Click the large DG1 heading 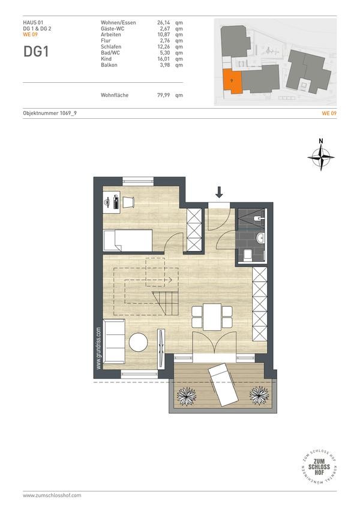[36, 52]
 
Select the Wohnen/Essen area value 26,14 [164, 23]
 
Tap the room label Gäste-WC [112, 29]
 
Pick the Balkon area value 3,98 [164, 65]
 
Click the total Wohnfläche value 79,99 [164, 95]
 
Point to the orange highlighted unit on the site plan [232, 81]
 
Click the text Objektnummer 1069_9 [50, 113]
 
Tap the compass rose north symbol [321, 157]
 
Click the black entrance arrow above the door [219, 192]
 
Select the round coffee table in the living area [138, 342]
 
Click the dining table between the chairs [212, 316]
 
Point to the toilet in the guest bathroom [248, 256]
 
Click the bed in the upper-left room [128, 241]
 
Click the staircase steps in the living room [166, 303]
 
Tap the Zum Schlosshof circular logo [319, 467]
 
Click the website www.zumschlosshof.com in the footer [52, 495]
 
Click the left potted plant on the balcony [186, 396]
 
